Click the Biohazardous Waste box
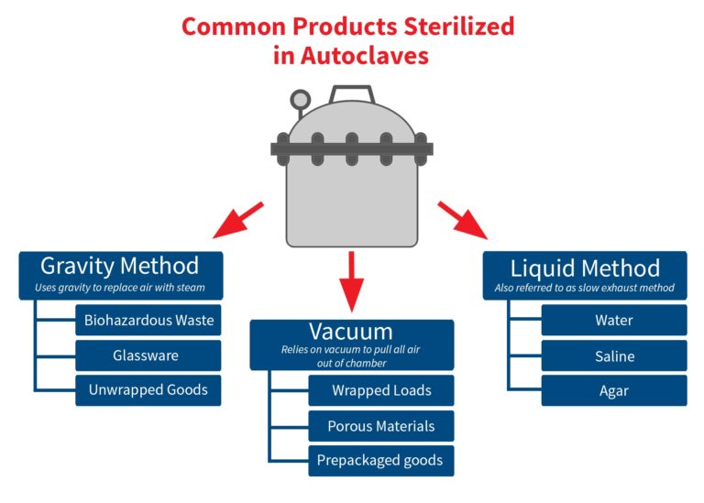[148, 320]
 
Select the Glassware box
[148, 355]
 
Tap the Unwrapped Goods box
[148, 389]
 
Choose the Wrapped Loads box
[380, 390]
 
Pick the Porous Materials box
[380, 425]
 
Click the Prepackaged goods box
[380, 460]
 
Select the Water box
[613, 321]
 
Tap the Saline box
[613, 355]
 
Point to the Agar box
[613, 390]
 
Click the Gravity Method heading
[119, 267]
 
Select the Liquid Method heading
[585, 268]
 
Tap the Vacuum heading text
[351, 331]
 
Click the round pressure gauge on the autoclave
[300, 99]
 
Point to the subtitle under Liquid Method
[585, 288]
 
